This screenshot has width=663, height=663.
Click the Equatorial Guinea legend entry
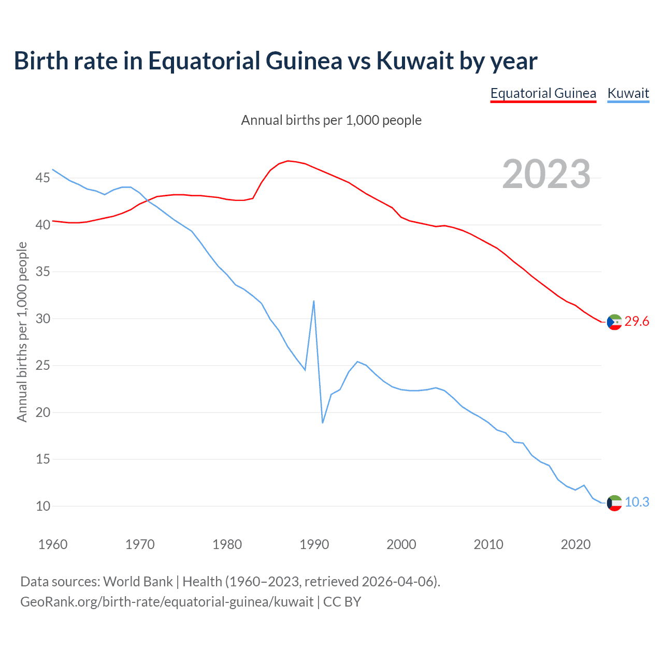point(543,94)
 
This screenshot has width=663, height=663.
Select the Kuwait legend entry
point(628,94)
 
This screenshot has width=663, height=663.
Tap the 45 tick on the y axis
point(42,178)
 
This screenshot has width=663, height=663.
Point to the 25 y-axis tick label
point(42,366)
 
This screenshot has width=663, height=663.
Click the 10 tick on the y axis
point(42,506)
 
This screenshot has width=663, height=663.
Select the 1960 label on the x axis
point(53,544)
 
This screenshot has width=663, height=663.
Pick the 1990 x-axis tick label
point(314,544)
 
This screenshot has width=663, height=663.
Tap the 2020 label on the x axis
point(575,544)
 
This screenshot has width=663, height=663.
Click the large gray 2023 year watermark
point(546,174)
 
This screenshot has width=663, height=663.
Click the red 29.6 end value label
point(637,322)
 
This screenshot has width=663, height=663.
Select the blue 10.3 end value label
point(637,502)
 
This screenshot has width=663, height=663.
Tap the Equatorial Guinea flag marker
point(614,322)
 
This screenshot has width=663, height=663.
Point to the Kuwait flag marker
point(614,503)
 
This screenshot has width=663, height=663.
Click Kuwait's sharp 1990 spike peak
point(314,301)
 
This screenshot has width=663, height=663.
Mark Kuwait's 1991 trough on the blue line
point(323,423)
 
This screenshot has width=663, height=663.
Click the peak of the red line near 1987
point(288,161)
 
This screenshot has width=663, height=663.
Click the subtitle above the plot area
point(331,121)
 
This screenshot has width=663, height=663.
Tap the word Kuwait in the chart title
point(408,61)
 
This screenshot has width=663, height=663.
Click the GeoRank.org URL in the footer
point(167,602)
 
